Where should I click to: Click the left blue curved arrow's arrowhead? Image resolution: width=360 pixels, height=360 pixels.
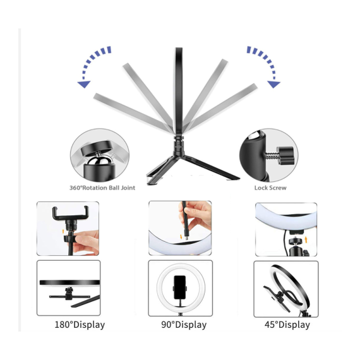pos(84,84)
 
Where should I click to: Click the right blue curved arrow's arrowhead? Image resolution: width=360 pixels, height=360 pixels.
pos(274,84)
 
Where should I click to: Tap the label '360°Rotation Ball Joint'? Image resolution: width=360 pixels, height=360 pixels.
pos(102,188)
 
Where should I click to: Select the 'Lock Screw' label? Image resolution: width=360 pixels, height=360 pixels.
pos(270,188)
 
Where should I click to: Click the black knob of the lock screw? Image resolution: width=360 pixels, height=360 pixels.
pos(285,155)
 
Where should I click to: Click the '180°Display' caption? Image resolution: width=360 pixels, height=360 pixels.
pos(80,325)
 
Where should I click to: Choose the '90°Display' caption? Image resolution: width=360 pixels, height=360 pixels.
pos(184,325)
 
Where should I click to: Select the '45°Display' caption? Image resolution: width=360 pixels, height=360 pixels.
pos(287,325)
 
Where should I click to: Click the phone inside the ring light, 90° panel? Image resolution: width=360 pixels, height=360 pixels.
pos(180,287)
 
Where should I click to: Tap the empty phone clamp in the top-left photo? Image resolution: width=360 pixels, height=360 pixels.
pos(71,213)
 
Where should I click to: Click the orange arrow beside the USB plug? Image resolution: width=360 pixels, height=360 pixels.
pos(181,236)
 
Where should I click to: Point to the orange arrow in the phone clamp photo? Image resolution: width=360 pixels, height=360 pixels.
pos(63,231)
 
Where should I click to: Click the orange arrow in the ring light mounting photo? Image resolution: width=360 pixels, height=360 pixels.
pos(306,240)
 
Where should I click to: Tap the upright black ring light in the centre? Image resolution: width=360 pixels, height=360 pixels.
pos(179,92)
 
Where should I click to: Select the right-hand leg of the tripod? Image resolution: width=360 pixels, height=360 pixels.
pos(211,167)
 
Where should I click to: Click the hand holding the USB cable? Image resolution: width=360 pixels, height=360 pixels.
pos(197,216)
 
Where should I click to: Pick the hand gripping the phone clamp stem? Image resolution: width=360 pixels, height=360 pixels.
pos(86,243)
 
